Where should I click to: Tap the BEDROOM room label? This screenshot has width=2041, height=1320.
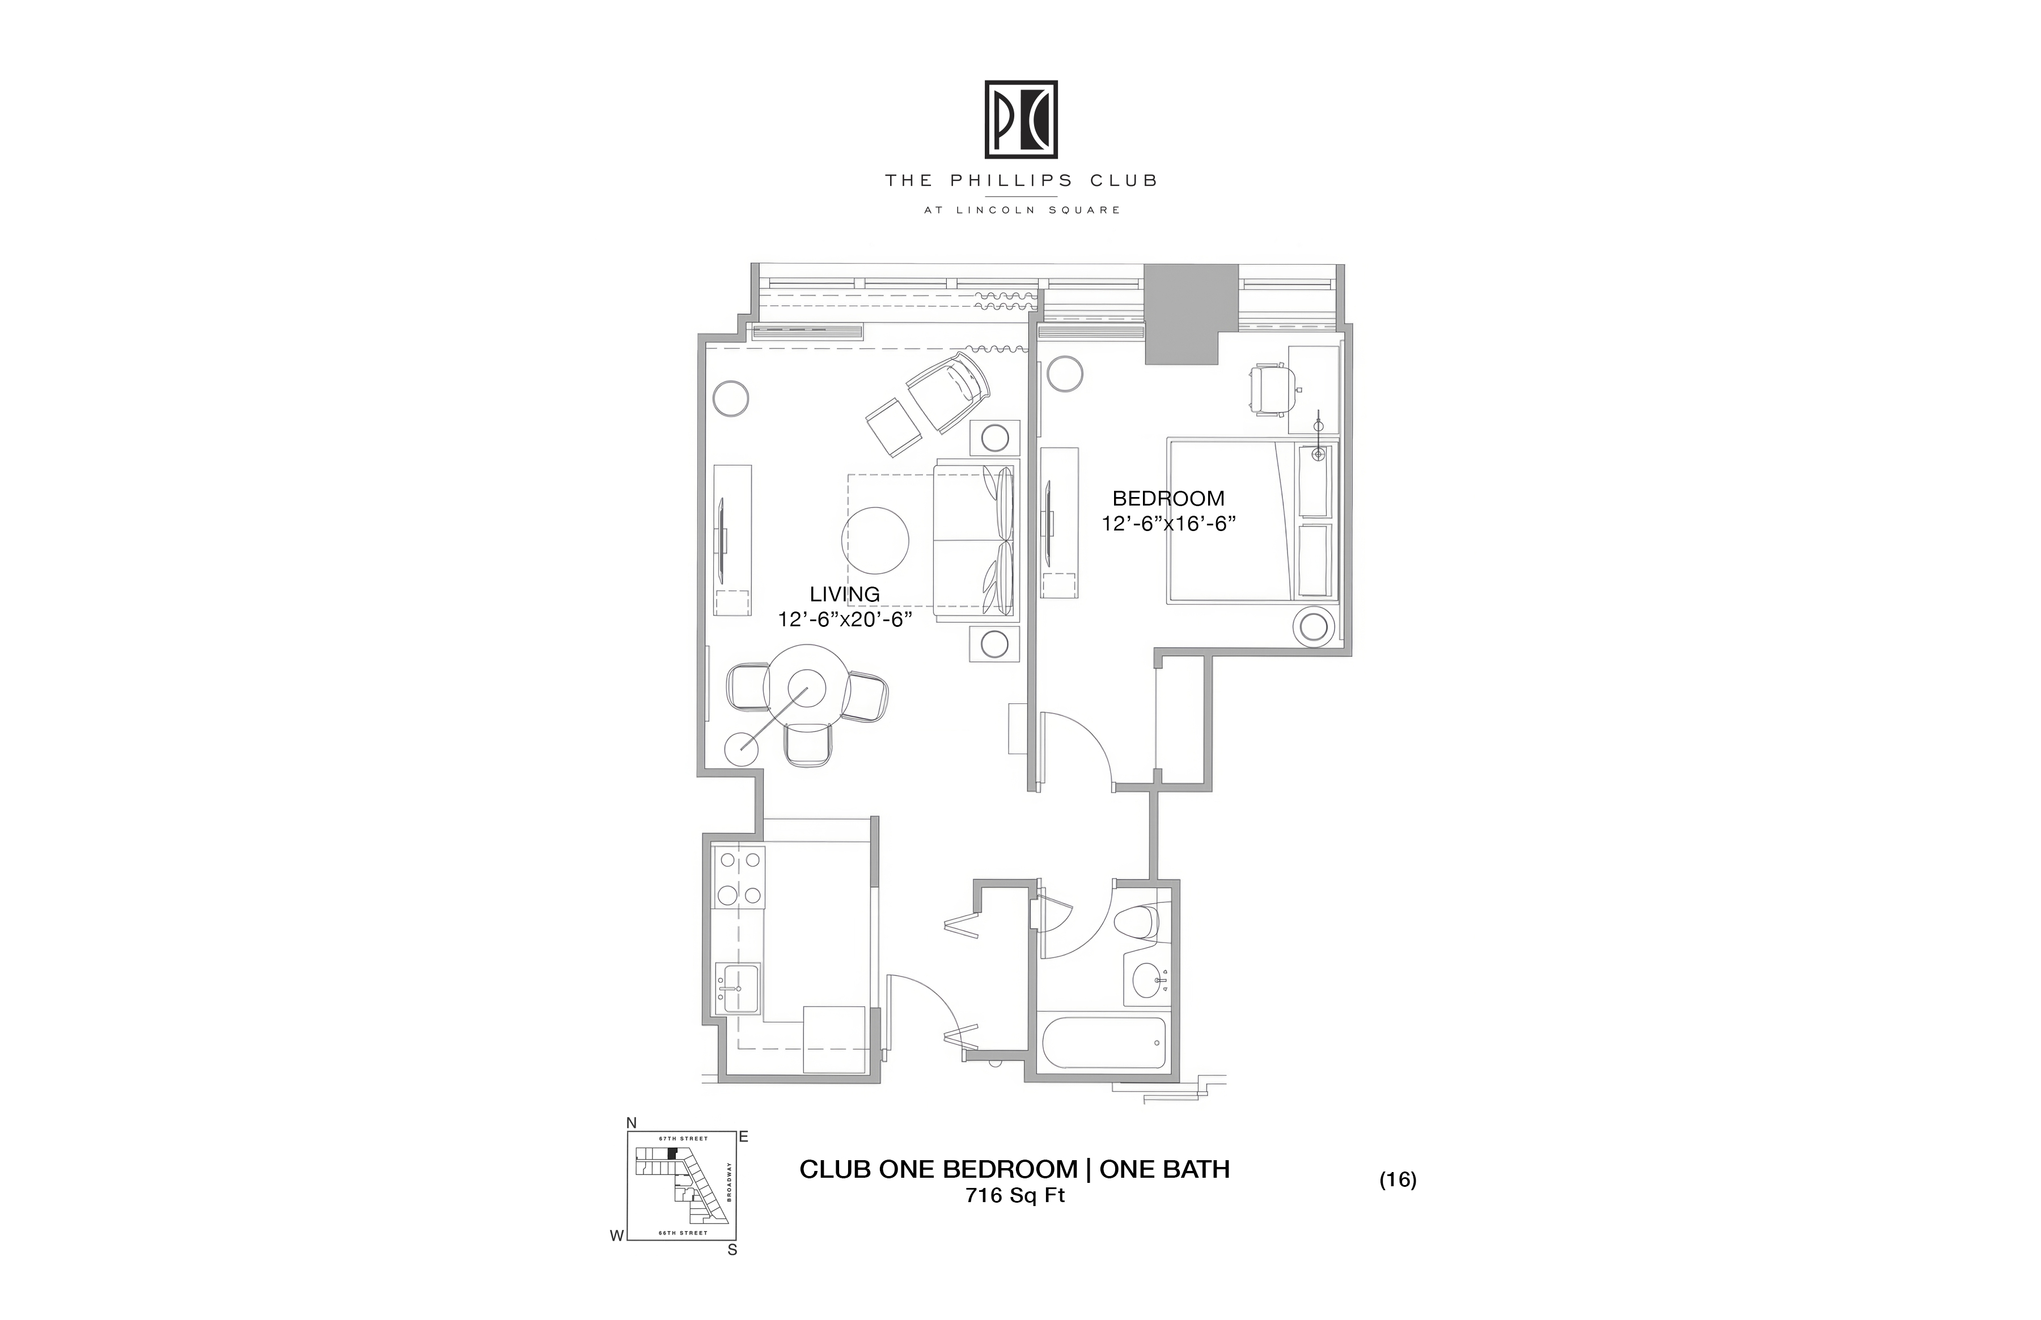(x=1168, y=498)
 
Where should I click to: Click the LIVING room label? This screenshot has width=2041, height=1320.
(x=844, y=594)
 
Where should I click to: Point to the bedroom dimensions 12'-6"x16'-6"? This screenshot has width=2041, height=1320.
(x=1168, y=524)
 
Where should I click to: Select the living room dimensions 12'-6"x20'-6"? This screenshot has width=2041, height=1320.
(x=844, y=619)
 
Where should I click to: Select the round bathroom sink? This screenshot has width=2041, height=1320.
(x=1149, y=980)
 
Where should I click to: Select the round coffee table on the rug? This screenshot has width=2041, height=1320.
(x=876, y=541)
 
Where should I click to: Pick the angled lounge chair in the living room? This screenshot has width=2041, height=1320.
(x=946, y=396)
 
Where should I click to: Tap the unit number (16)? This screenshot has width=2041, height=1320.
(x=1398, y=1179)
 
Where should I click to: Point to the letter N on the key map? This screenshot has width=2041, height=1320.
(x=632, y=1123)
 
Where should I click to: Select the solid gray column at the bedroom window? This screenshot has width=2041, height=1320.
(x=1191, y=314)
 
